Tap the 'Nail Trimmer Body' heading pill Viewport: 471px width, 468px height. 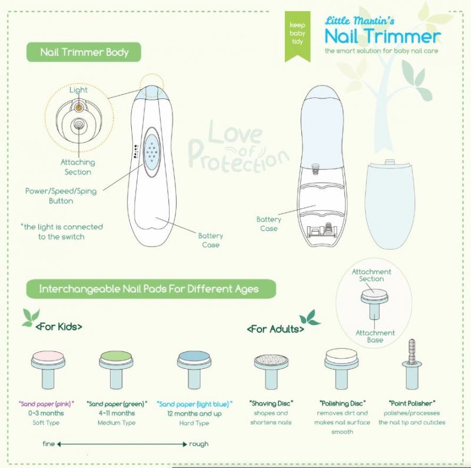(85, 52)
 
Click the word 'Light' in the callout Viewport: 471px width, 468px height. (78, 90)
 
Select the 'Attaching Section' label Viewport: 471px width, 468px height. (78, 167)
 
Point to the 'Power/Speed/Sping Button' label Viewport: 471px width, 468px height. (61, 196)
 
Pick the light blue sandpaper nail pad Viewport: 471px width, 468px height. (194, 365)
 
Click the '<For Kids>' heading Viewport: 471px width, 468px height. (59, 326)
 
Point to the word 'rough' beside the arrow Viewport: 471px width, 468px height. (198, 444)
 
